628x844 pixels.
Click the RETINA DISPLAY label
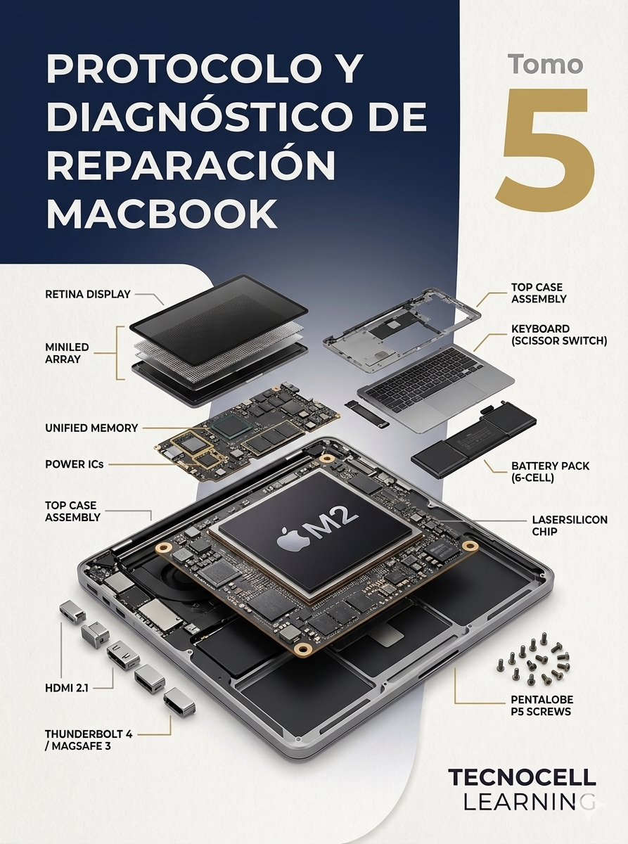coord(88,294)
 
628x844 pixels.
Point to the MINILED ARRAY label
coord(68,353)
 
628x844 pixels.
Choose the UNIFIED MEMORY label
coord(91,428)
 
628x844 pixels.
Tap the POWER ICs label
coord(75,464)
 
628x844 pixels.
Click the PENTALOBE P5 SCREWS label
coord(542,705)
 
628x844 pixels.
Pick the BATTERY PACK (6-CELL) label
coord(550,471)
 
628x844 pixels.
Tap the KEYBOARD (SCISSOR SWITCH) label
coord(558,335)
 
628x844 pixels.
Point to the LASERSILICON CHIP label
coord(570,525)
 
